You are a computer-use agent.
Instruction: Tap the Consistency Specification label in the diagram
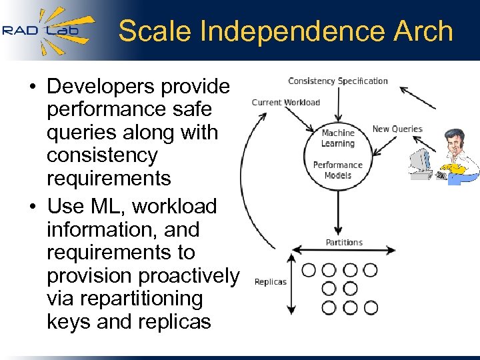click(337, 81)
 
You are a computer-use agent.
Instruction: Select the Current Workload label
click(285, 103)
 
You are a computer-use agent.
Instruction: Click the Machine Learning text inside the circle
click(337, 138)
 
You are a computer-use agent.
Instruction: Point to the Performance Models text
click(337, 170)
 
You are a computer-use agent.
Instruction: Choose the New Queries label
click(397, 129)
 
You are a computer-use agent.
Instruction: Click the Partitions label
click(344, 242)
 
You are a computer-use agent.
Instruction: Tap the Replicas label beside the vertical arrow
click(270, 281)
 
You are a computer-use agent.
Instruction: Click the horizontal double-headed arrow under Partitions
click(344, 251)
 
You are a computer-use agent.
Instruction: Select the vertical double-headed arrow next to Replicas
click(290, 283)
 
